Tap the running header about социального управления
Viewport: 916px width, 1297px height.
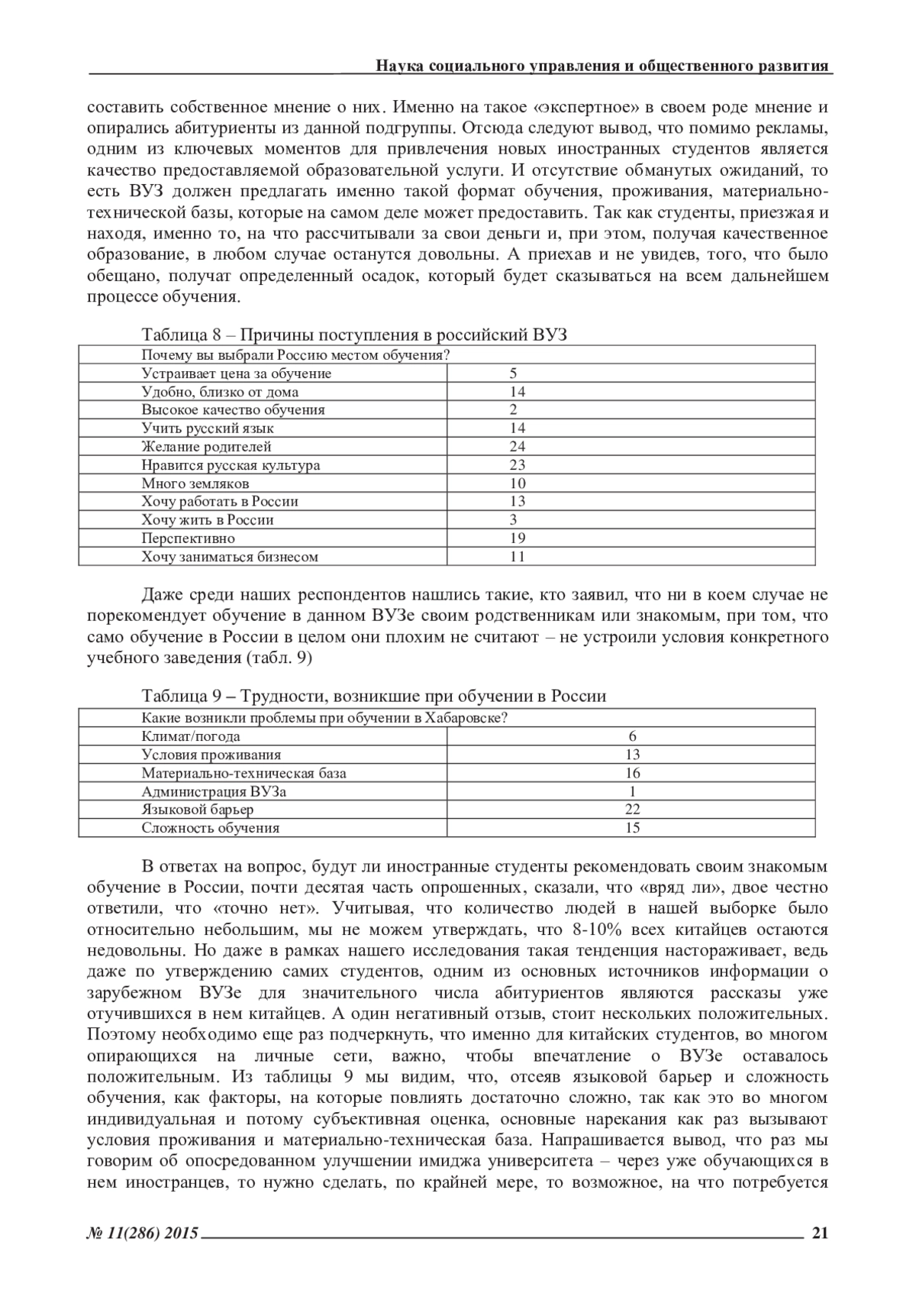(x=602, y=66)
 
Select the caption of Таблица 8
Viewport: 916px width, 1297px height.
(x=354, y=335)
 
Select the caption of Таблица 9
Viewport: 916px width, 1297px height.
(x=373, y=696)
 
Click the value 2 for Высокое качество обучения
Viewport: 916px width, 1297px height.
(x=514, y=410)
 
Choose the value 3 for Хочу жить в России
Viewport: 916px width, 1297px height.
(x=514, y=520)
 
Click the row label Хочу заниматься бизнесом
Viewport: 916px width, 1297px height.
(x=229, y=557)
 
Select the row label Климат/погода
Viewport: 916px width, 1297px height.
(x=190, y=737)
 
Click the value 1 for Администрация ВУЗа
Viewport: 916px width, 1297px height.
(x=632, y=792)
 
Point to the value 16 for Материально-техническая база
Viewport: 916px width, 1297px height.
(x=632, y=774)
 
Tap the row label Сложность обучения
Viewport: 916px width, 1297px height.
(x=210, y=828)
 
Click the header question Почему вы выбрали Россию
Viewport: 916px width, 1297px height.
(x=295, y=355)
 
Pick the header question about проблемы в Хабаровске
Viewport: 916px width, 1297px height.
(x=325, y=718)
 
